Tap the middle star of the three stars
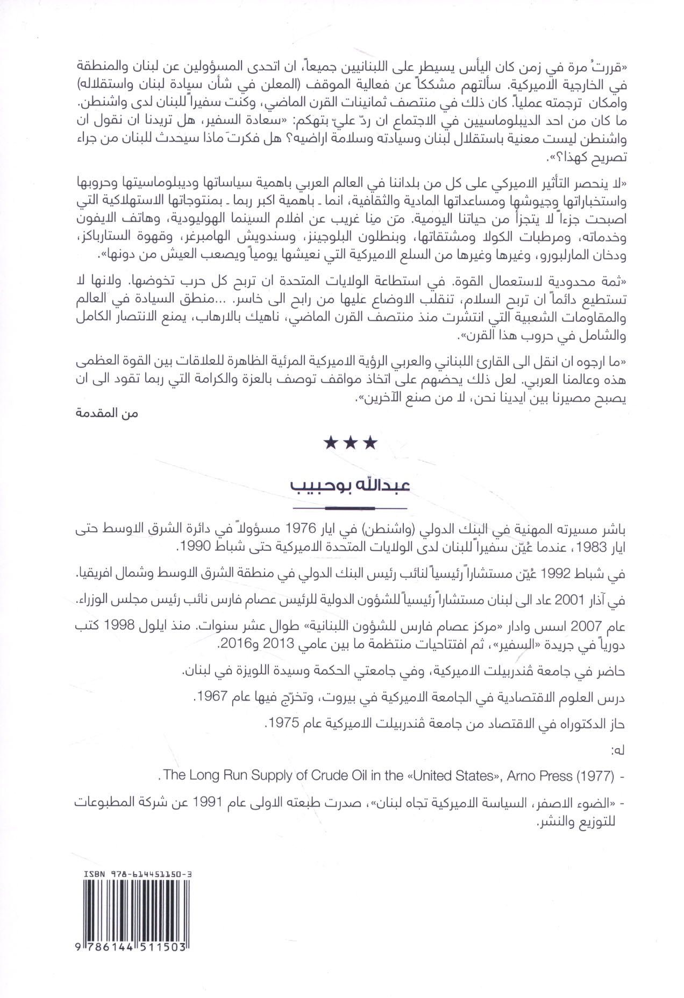click(x=342, y=443)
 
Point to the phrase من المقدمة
click(x=107, y=413)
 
